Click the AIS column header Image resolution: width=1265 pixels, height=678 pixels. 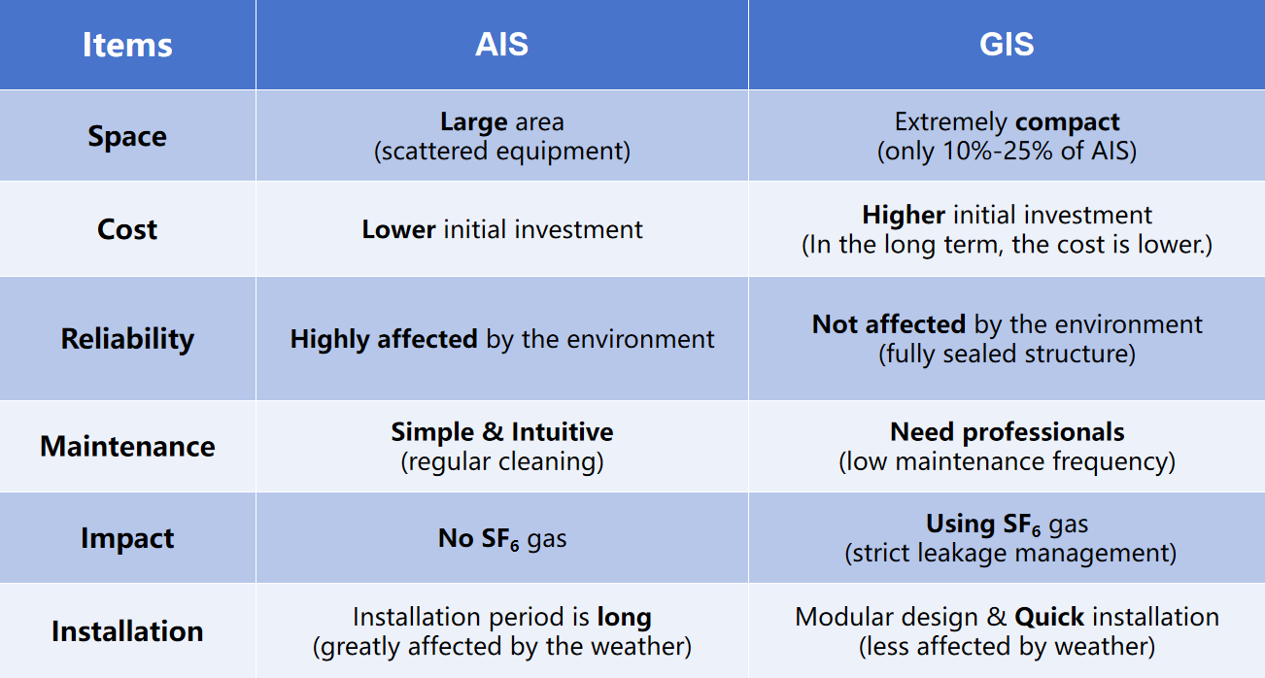click(x=501, y=45)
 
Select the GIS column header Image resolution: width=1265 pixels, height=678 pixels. click(x=1007, y=45)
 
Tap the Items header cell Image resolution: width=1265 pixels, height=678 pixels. click(x=127, y=45)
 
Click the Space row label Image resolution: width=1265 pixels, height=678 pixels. click(x=127, y=136)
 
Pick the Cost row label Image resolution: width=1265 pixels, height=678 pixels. click(x=127, y=229)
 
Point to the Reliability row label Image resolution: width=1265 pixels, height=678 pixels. click(x=127, y=339)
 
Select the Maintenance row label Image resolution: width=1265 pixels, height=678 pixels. click(x=127, y=446)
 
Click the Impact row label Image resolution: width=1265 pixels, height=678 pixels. click(x=127, y=538)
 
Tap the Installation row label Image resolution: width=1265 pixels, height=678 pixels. click(x=127, y=631)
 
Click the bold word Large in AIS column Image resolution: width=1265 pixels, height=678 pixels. click(x=474, y=122)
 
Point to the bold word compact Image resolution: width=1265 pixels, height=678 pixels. click(x=1067, y=122)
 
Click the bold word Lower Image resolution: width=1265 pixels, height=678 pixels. click(x=399, y=229)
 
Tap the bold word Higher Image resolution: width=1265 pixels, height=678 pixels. click(x=904, y=215)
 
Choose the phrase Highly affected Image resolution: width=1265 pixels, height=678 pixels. click(x=384, y=339)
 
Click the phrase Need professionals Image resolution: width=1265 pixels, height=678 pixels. click(x=1007, y=432)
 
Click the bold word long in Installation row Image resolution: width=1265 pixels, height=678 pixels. click(x=624, y=617)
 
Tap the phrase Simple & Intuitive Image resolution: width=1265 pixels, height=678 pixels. click(x=501, y=432)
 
